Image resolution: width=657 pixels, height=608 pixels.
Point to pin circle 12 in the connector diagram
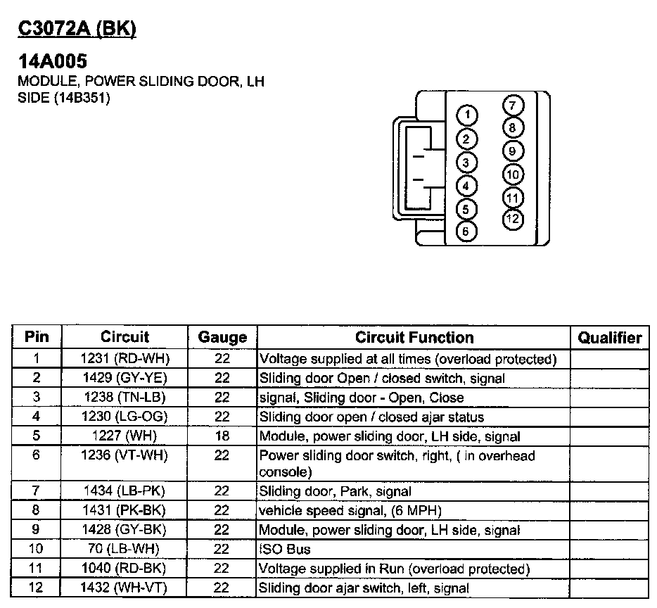pos(513,220)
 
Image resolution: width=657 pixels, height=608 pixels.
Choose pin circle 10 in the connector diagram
pos(513,175)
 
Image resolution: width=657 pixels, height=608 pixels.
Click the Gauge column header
pos(222,337)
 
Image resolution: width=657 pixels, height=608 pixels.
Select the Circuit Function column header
pos(414,337)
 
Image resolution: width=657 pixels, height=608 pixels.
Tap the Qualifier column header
pos(610,337)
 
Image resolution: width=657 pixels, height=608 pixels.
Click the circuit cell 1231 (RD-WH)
pos(125,359)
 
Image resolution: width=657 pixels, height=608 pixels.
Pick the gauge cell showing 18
pos(222,436)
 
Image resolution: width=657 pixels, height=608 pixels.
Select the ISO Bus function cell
pos(285,549)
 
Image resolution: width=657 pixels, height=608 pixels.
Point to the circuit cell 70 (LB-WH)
pos(125,549)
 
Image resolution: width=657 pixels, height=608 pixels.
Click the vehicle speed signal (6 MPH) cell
pos(350,511)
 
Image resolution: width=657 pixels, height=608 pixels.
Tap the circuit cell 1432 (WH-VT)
pos(125,587)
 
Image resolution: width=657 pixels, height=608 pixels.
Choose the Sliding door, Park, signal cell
pos(336,492)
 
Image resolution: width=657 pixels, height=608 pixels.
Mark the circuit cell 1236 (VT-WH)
pos(125,456)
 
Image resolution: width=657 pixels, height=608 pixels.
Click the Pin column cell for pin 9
pos(37,530)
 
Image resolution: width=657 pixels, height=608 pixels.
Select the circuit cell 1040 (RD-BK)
pos(125,568)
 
